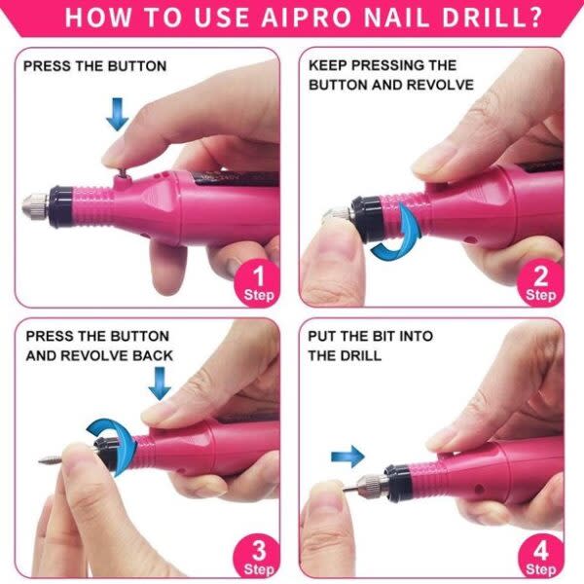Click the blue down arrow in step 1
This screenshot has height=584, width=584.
117,116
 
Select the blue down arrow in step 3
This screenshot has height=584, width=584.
160,385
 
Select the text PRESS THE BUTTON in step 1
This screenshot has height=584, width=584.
94,66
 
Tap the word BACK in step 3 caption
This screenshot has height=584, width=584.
152,355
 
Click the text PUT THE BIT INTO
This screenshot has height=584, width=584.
370,336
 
